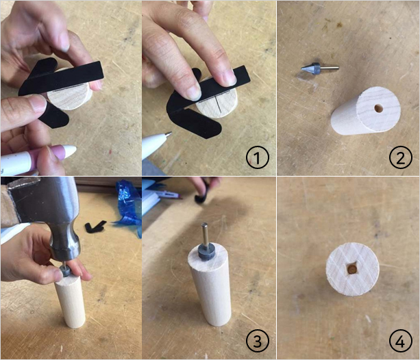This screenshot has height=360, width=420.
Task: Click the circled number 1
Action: (257, 157)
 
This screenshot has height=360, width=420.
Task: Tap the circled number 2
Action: (400, 157)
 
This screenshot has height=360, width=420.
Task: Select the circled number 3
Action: (257, 341)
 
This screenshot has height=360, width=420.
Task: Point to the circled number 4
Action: (400, 341)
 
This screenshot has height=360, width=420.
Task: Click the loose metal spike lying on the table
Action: (319, 68)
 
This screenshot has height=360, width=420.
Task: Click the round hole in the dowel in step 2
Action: (378, 109)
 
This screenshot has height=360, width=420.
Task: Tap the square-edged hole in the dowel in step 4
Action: (352, 269)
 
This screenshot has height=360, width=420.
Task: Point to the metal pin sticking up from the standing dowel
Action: (205, 233)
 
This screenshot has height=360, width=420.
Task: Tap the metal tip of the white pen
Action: (169, 133)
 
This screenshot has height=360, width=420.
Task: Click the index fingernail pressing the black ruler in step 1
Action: (194, 93)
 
